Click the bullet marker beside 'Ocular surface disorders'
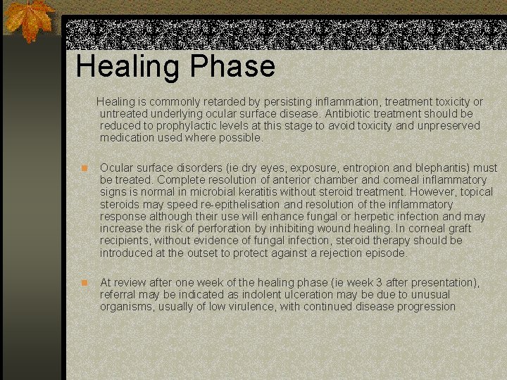coord(83,168)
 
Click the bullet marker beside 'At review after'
coord(83,283)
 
